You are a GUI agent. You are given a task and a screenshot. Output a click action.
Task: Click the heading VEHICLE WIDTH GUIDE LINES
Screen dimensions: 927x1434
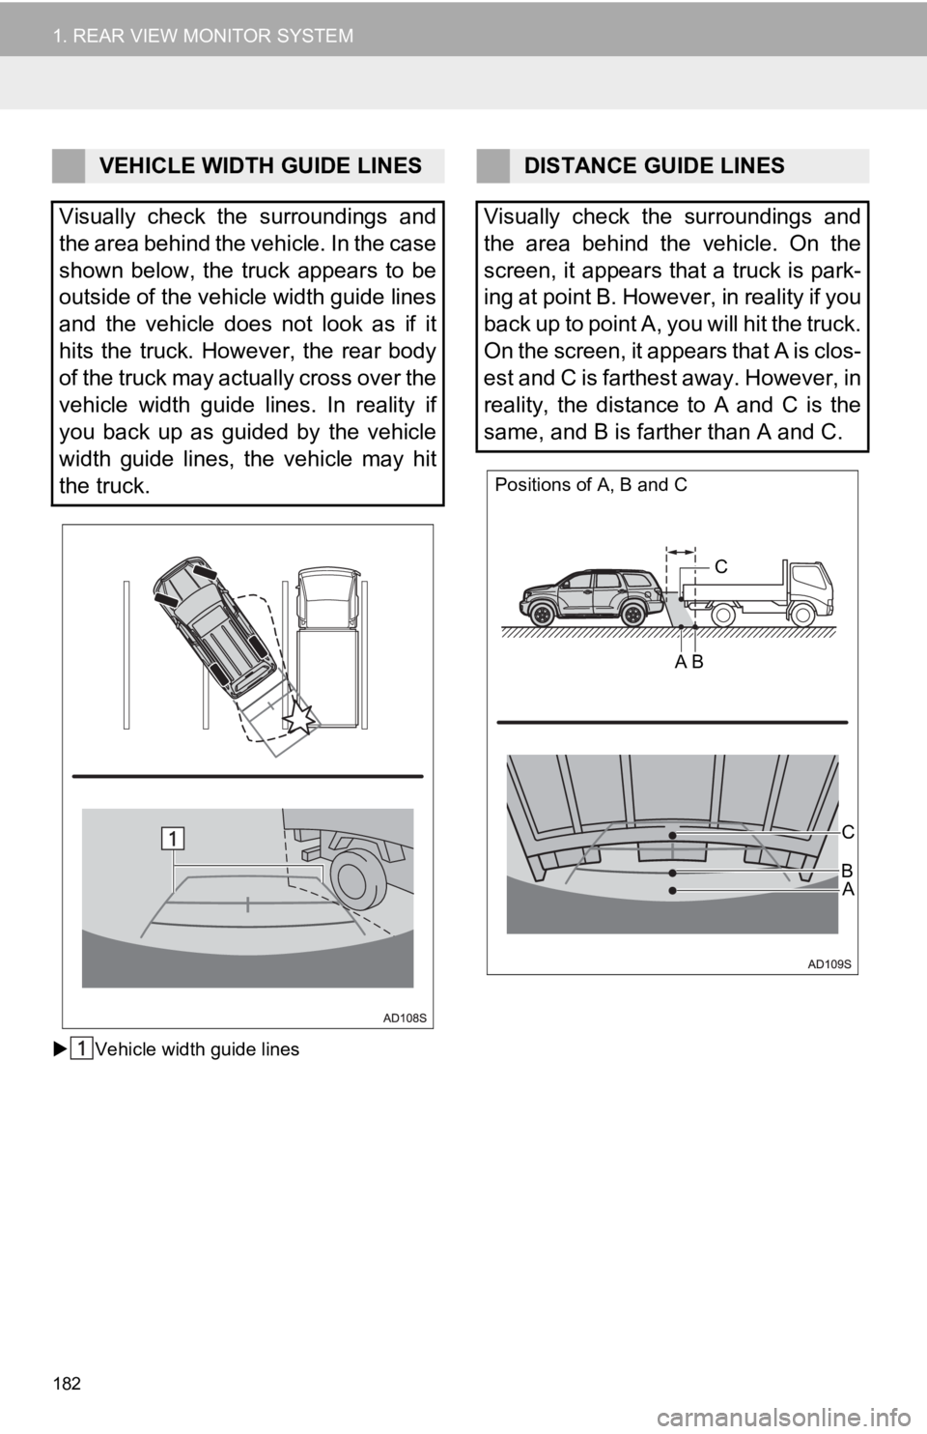tap(261, 166)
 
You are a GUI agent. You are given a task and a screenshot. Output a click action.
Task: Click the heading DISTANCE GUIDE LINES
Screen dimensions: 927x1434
tap(654, 166)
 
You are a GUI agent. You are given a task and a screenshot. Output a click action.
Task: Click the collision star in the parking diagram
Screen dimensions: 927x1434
tap(300, 718)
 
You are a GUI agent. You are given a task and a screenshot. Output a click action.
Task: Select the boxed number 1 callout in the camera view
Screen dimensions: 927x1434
tap(173, 838)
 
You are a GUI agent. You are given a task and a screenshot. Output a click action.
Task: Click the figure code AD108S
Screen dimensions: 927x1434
tap(405, 1018)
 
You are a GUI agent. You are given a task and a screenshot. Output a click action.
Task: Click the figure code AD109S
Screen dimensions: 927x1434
tap(829, 964)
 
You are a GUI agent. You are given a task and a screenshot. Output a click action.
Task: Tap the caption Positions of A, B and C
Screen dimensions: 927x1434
tap(591, 485)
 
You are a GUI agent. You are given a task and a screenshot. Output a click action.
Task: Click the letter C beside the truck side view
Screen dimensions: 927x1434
tap(721, 566)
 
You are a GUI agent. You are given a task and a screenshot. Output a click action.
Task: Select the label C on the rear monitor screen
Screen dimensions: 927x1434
tap(849, 832)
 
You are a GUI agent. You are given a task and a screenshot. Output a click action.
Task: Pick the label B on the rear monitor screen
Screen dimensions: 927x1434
tap(847, 871)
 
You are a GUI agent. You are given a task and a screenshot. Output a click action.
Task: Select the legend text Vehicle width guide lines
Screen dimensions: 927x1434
tap(197, 1049)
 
